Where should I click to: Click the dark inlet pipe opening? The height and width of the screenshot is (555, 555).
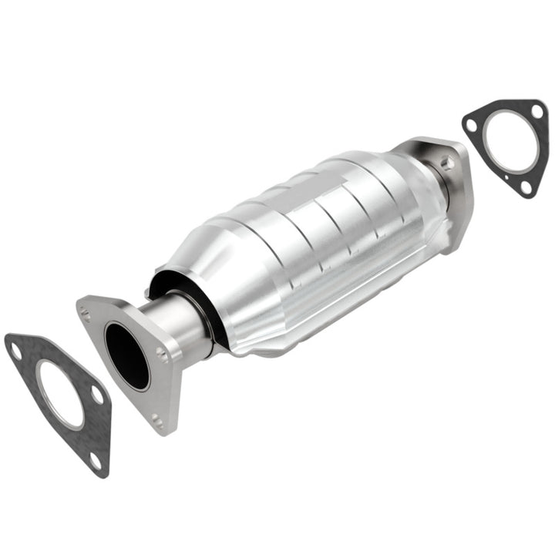tap(126, 355)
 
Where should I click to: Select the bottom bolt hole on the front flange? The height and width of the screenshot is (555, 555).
tap(157, 419)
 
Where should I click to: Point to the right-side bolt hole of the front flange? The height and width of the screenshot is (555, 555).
tap(162, 354)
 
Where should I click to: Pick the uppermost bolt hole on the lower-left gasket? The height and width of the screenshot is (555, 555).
tap(15, 351)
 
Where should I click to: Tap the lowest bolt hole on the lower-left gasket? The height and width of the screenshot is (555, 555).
tap(94, 460)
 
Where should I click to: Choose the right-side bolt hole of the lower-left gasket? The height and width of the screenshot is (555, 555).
tap(98, 395)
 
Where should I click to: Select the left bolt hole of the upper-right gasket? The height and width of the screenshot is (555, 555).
tap(471, 123)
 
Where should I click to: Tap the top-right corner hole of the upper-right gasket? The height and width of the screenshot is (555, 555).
tap(536, 112)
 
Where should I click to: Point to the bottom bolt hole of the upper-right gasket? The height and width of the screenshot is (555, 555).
tap(526, 186)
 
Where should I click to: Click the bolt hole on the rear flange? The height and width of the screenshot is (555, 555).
tap(446, 163)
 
